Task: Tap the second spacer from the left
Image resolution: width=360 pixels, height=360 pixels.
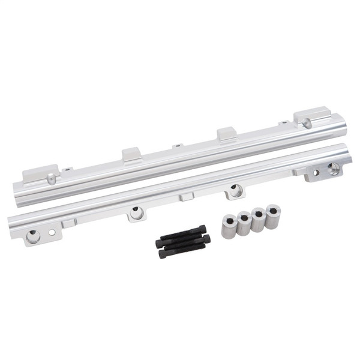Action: [243, 223]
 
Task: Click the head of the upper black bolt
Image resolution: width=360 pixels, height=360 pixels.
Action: [203, 230]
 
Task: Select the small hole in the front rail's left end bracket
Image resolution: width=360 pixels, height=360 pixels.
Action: [52, 231]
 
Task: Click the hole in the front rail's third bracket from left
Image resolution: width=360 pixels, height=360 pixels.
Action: [235, 190]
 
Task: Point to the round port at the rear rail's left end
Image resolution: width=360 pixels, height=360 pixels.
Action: [52, 179]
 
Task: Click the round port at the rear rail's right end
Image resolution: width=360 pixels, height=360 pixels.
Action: [307, 123]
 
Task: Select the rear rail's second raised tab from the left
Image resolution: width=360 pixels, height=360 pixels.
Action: [132, 155]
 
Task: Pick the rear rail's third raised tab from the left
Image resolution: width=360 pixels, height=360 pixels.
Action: [226, 134]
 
